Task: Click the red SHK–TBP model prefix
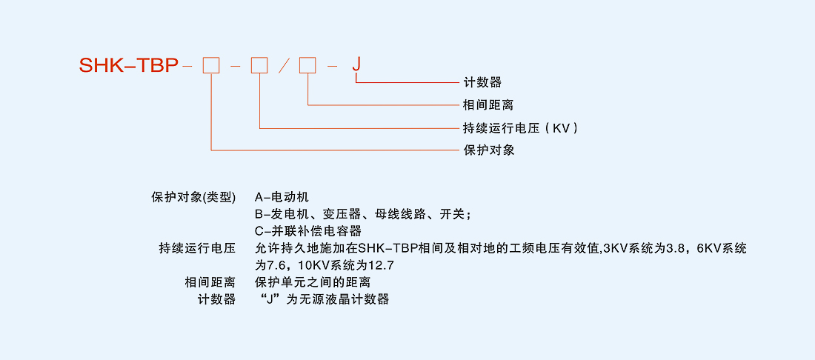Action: click(x=128, y=66)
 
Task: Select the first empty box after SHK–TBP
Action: click(x=211, y=65)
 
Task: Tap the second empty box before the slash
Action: click(x=259, y=65)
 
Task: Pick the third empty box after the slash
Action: click(x=307, y=65)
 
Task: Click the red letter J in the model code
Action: click(x=356, y=64)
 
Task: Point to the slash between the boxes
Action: click(x=284, y=66)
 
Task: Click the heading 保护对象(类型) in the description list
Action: click(x=193, y=197)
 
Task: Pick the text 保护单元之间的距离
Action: click(x=312, y=282)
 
